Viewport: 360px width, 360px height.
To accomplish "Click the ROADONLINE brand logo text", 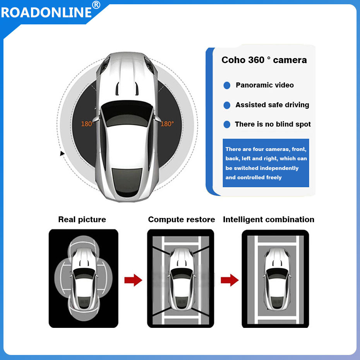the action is [x=46, y=12].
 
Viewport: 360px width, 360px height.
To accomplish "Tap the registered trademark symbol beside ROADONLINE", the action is [x=96, y=5].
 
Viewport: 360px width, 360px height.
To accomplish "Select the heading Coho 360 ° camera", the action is [x=264, y=60].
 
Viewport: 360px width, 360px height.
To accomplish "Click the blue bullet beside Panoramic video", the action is [x=227, y=86].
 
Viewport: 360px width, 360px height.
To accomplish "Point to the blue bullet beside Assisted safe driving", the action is [x=227, y=105].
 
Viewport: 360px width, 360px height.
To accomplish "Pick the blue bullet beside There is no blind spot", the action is [x=227, y=124].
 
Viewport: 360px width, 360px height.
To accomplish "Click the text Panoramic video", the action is [x=265, y=85].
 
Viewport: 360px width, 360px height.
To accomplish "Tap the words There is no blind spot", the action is [x=273, y=124].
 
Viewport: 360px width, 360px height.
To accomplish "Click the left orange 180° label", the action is [x=87, y=124].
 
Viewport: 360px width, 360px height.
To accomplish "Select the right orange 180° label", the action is [x=167, y=124].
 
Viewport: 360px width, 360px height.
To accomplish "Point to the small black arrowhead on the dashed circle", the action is [x=62, y=153].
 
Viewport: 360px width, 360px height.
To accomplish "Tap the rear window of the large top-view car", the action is [x=127, y=182].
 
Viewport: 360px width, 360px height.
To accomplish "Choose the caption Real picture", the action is [x=82, y=219].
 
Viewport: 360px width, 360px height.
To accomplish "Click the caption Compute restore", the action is [x=182, y=219].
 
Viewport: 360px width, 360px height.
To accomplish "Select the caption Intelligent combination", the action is [x=268, y=219].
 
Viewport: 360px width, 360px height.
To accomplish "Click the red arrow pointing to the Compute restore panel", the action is [x=133, y=280].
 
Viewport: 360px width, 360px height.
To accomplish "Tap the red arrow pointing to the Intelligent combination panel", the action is [x=230, y=280].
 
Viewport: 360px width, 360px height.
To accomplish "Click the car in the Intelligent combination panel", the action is [x=277, y=279].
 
